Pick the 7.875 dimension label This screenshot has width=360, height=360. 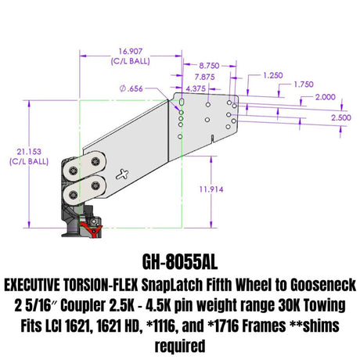tap(204, 77)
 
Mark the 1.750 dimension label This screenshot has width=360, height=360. tap(304, 85)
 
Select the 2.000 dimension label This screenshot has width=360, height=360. tap(326, 97)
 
